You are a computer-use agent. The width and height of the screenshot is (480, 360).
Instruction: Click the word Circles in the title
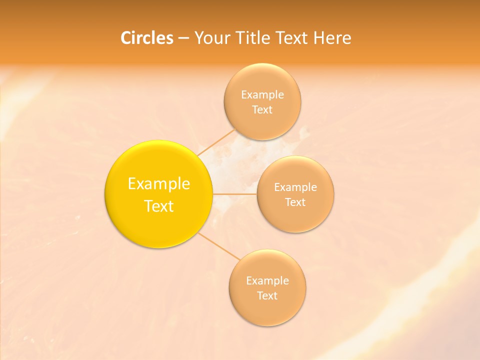(147, 38)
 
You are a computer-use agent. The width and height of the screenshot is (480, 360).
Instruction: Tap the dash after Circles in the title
(183, 38)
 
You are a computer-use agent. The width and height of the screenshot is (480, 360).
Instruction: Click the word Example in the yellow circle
(159, 184)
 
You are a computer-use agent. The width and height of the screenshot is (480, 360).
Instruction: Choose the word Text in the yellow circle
(159, 206)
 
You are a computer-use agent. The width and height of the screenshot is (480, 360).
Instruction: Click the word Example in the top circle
(262, 94)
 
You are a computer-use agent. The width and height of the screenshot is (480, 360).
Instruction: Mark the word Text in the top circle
(262, 110)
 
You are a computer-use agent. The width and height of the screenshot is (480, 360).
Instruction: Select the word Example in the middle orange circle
(295, 187)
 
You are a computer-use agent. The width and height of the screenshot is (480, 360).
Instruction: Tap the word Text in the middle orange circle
(295, 202)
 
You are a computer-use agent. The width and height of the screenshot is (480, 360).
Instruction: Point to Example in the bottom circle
(267, 281)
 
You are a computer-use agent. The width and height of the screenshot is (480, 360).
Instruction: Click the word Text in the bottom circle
(267, 296)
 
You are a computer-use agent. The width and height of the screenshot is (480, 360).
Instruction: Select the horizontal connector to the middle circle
(235, 194)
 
